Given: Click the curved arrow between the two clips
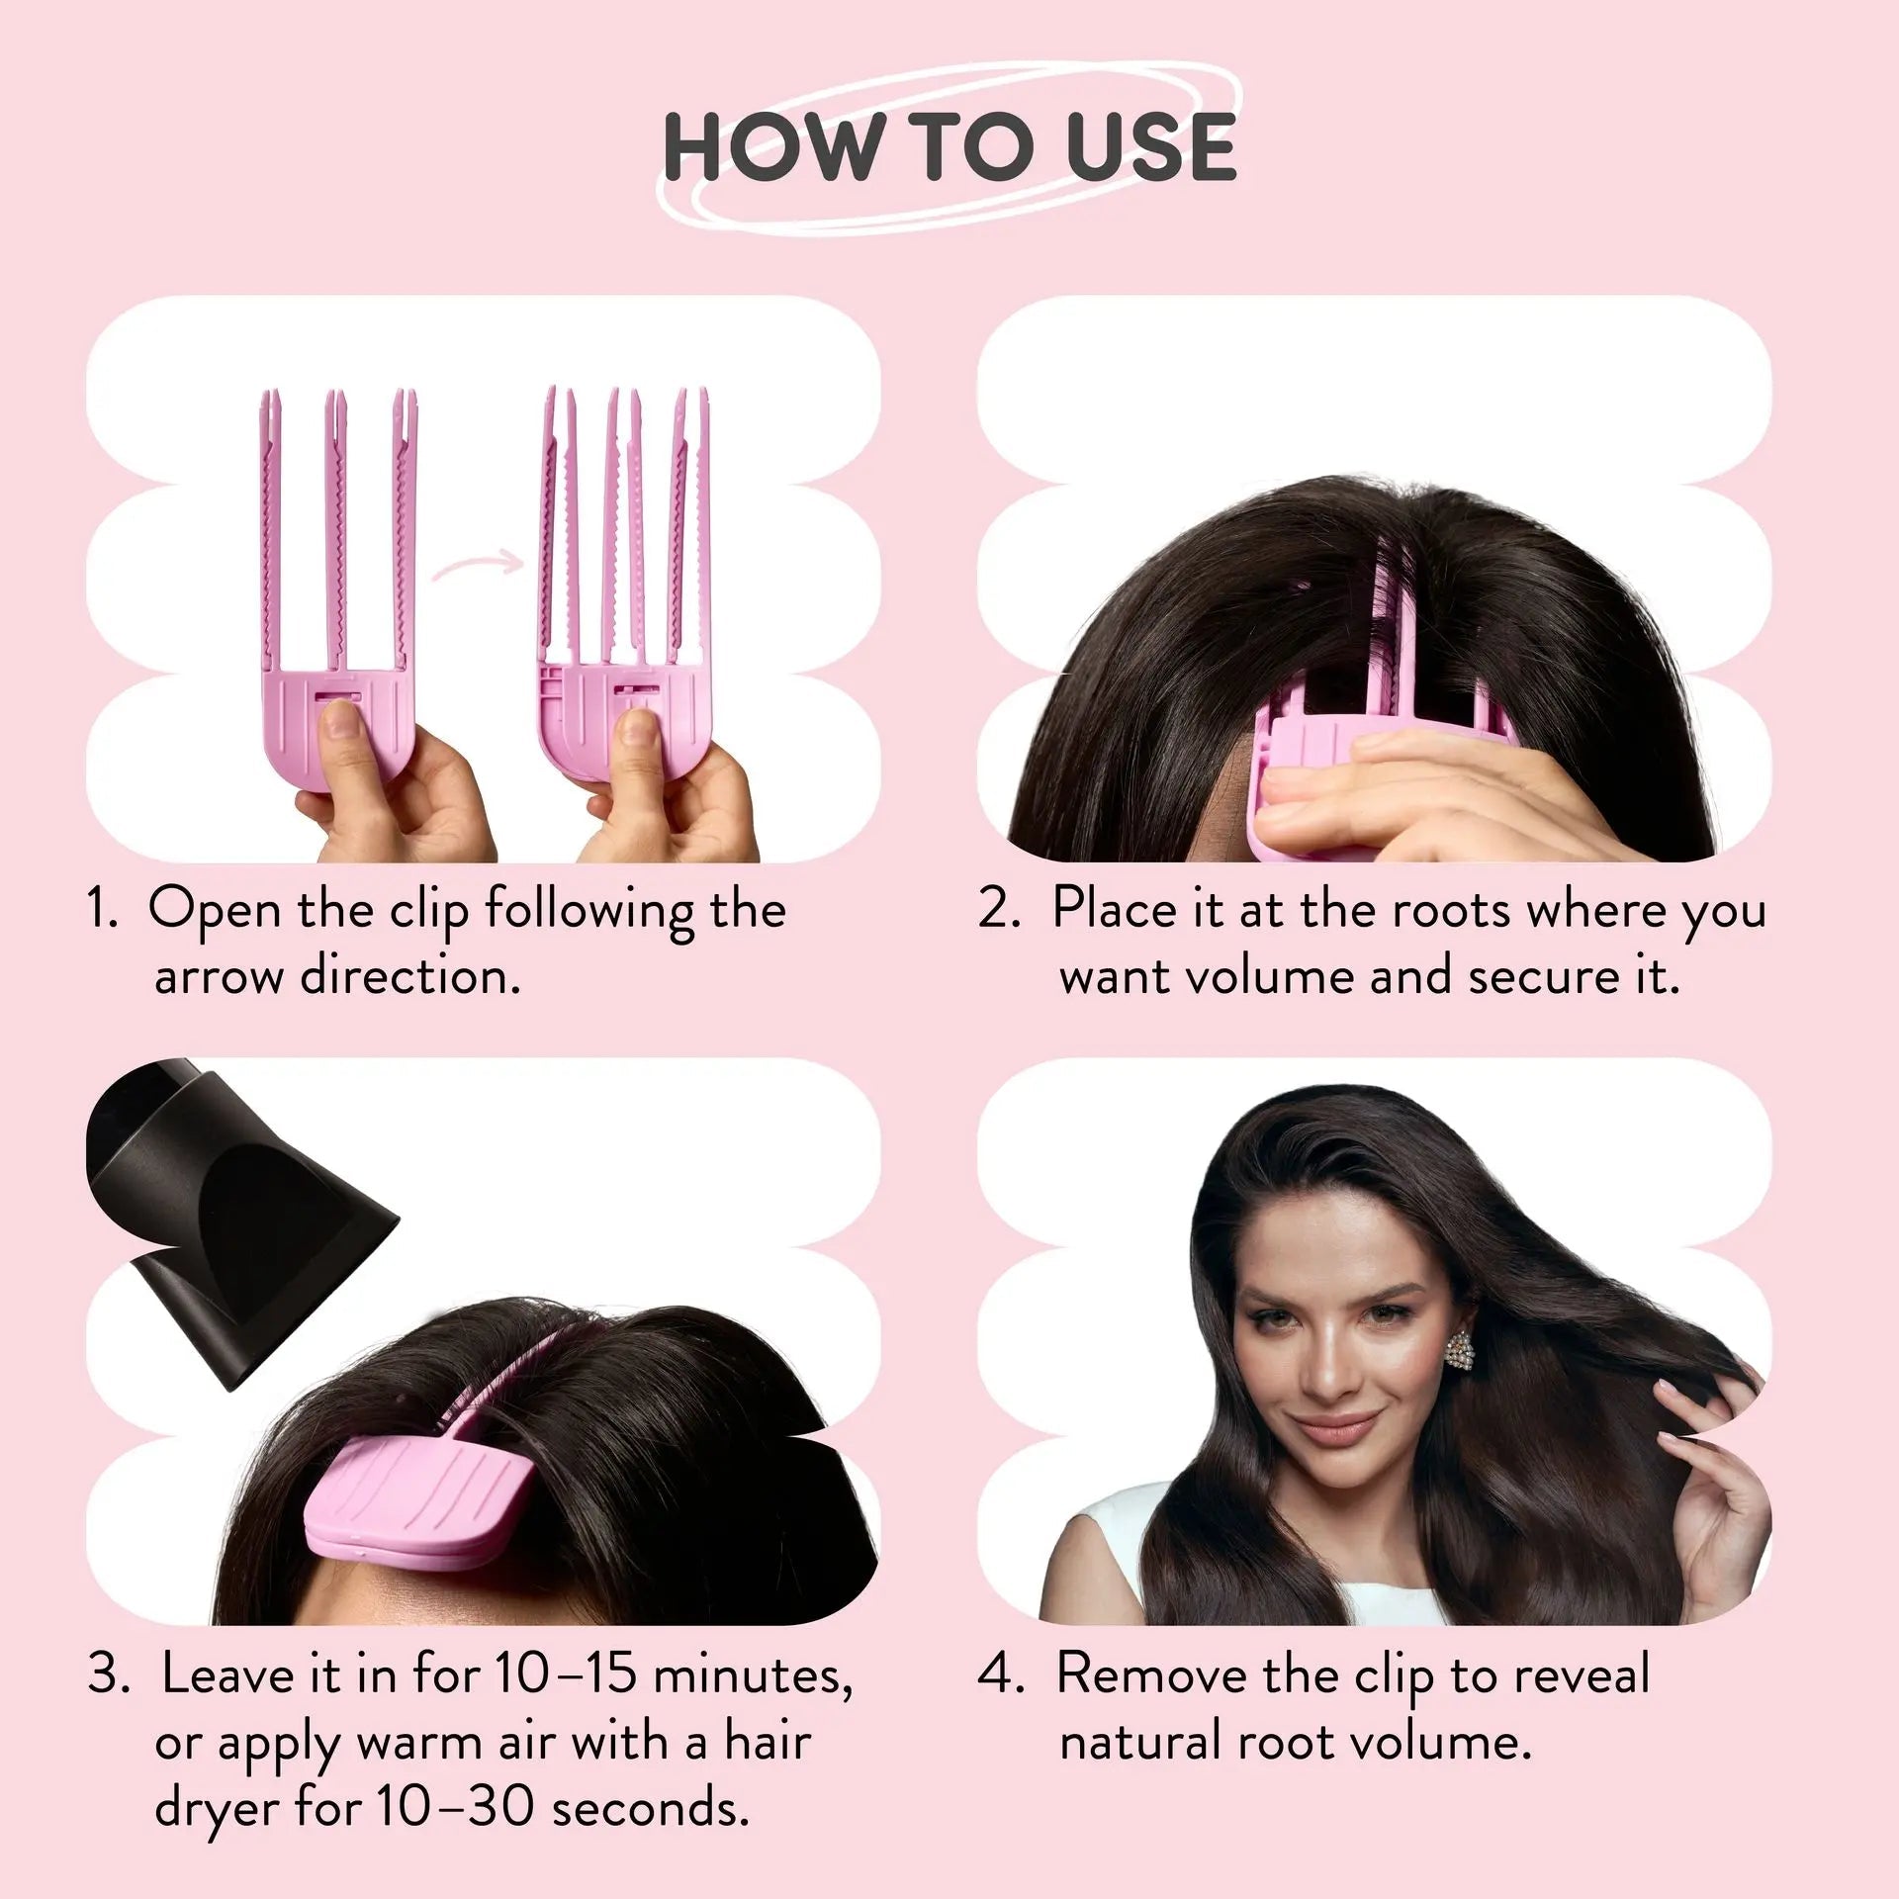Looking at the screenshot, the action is pyautogui.click(x=477, y=567).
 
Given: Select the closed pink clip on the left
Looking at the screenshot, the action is pyautogui.click(x=337, y=584).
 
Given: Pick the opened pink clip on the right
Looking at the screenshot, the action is pyautogui.click(x=625, y=584).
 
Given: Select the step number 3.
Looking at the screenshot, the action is pyautogui.click(x=108, y=1673).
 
